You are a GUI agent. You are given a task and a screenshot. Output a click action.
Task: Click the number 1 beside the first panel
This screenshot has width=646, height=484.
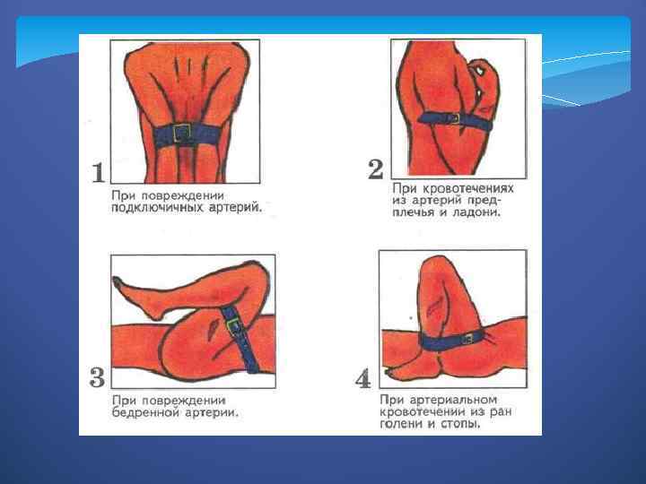(98, 173)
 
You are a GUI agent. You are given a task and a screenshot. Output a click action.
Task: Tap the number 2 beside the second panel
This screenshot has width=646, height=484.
(376, 169)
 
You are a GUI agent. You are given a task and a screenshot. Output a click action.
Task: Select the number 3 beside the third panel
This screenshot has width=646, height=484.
(98, 377)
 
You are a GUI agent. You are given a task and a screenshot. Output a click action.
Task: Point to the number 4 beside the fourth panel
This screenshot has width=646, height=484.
(363, 379)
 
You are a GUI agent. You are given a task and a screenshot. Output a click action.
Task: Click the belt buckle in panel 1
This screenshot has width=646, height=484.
(181, 133)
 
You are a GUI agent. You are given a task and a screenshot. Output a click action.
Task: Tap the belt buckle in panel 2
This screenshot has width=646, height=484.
(454, 119)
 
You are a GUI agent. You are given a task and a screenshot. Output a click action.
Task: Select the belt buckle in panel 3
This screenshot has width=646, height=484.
(234, 325)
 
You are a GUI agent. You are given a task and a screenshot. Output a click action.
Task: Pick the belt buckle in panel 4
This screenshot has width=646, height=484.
(468, 340)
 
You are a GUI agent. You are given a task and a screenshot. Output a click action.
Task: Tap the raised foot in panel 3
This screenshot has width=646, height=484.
(136, 299)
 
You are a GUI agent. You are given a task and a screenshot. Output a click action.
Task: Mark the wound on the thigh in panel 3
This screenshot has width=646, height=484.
(213, 329)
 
